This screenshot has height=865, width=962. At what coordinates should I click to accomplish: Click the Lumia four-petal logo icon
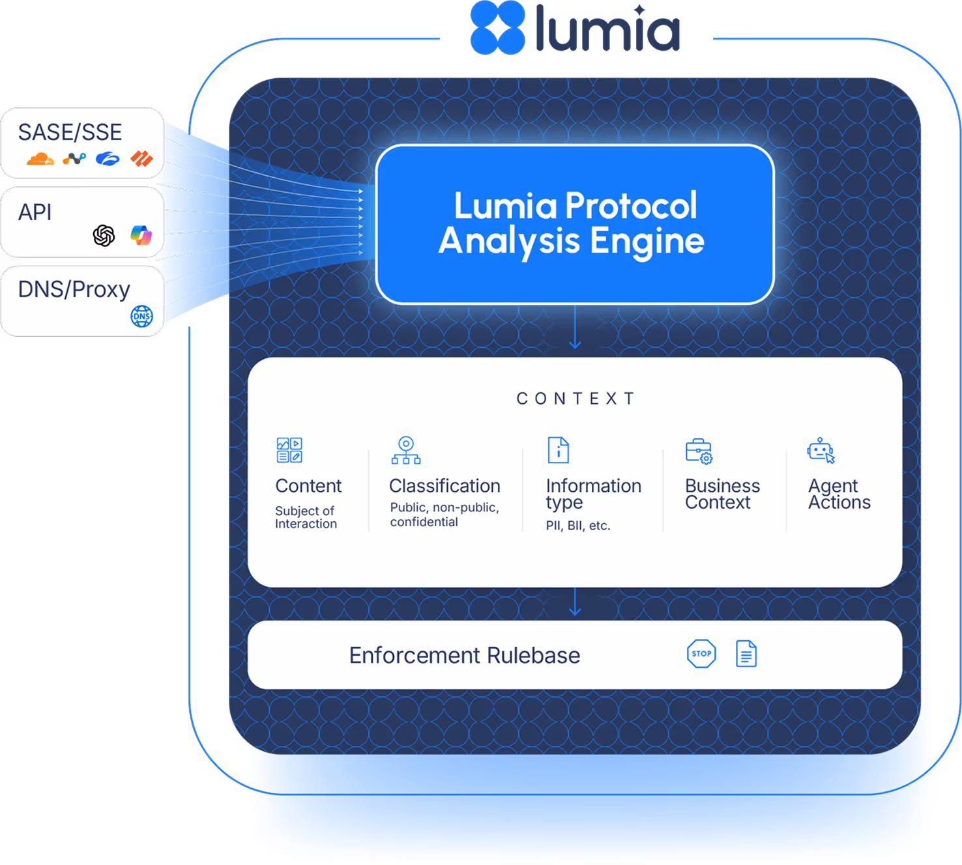(x=497, y=27)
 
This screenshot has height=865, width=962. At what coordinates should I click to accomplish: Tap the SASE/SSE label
(x=70, y=132)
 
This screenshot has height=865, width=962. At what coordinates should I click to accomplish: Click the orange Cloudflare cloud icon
(x=40, y=158)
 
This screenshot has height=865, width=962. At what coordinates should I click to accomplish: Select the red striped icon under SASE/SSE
(x=141, y=158)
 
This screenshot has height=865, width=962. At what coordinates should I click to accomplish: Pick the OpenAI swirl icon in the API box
(x=104, y=235)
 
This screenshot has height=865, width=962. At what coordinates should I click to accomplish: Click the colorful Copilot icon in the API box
(x=141, y=234)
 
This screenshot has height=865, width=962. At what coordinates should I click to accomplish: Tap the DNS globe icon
(x=141, y=316)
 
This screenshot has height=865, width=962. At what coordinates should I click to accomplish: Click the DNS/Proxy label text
(x=74, y=289)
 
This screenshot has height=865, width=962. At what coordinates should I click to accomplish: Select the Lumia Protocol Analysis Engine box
(x=575, y=223)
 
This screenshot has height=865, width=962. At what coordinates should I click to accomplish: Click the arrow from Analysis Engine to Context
(x=575, y=330)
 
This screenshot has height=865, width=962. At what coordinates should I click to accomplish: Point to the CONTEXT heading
(x=576, y=399)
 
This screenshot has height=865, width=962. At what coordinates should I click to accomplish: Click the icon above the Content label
(x=289, y=450)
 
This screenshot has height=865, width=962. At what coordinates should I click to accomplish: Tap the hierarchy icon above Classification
(x=406, y=450)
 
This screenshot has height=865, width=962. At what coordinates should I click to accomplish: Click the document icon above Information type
(x=558, y=450)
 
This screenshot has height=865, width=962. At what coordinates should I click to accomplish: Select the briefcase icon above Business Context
(x=699, y=451)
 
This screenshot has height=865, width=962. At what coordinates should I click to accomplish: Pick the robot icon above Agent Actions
(x=821, y=451)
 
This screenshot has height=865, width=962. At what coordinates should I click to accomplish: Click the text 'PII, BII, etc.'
(x=578, y=526)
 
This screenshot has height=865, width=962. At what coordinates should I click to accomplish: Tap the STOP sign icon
(x=701, y=654)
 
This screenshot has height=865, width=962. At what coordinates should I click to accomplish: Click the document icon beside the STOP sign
(x=746, y=654)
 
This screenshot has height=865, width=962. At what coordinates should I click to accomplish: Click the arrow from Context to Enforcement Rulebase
(x=575, y=603)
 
